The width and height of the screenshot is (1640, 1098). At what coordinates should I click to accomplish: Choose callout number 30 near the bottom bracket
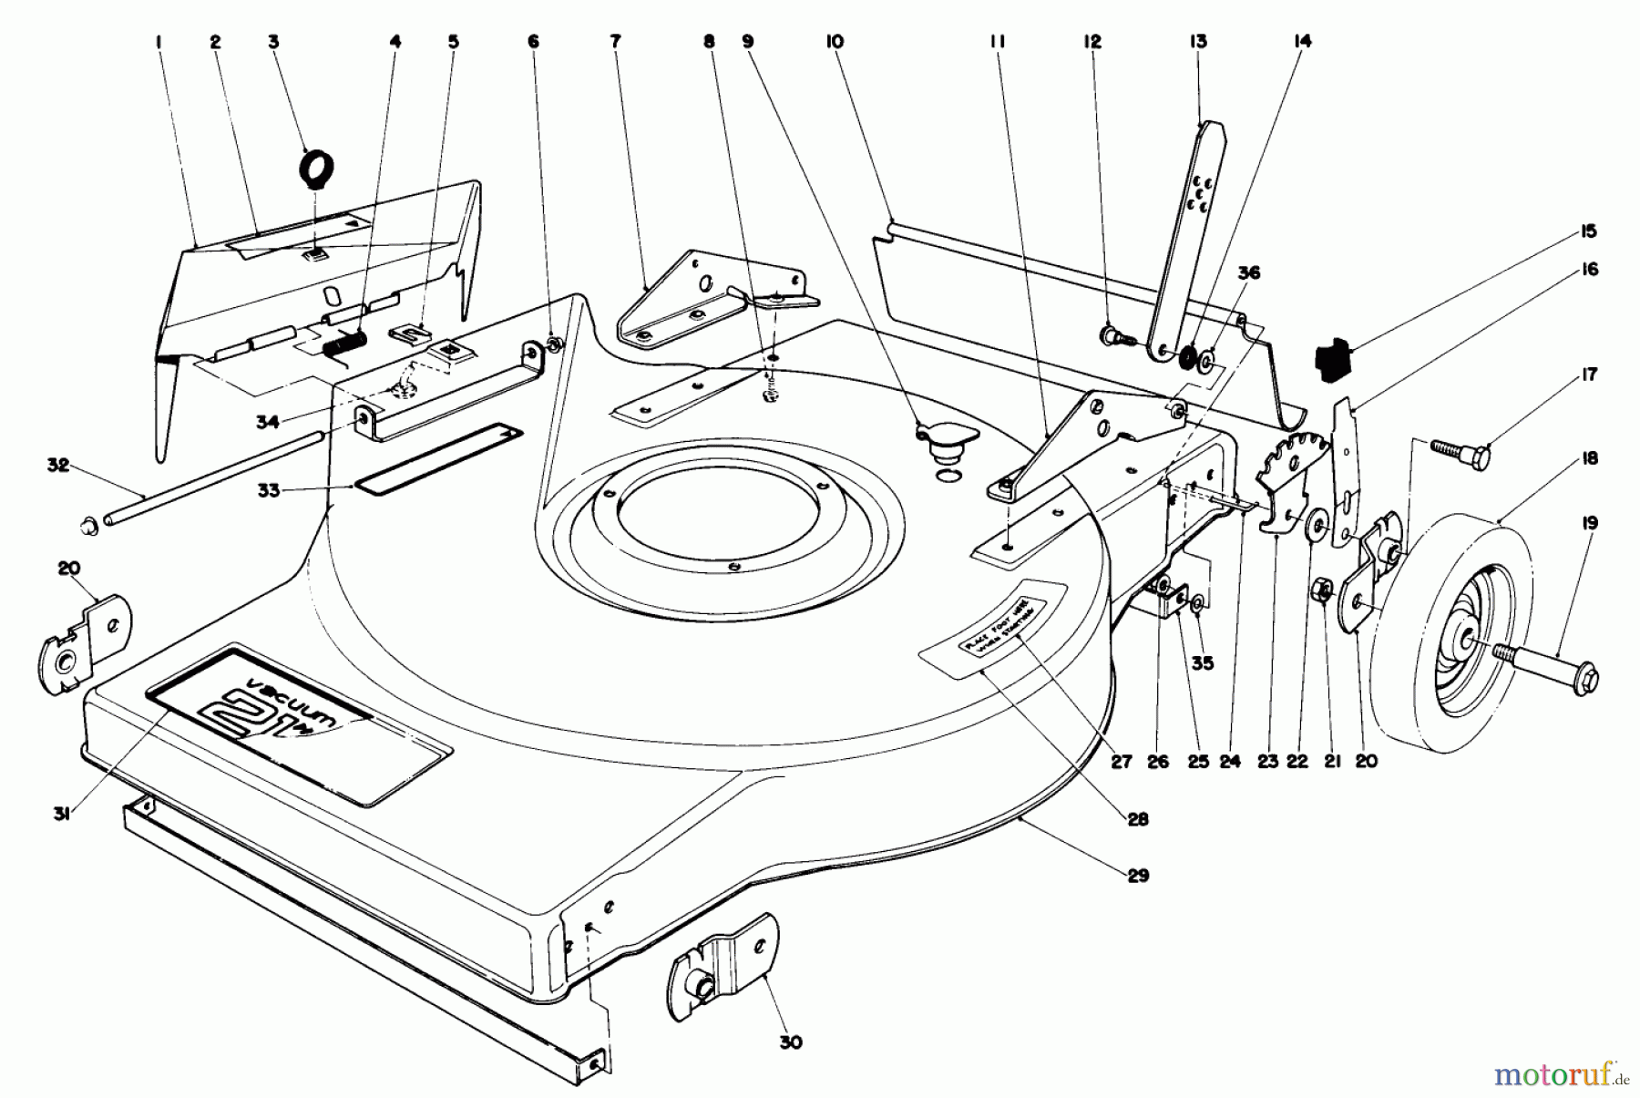tap(791, 1042)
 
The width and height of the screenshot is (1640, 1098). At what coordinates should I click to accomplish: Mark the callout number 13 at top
tap(1197, 41)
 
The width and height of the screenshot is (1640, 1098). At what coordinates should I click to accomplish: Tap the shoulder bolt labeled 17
tap(1462, 449)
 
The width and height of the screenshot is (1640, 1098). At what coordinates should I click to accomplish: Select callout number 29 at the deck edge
tap(1138, 876)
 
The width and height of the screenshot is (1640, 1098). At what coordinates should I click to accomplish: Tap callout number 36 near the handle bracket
tap(1249, 272)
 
